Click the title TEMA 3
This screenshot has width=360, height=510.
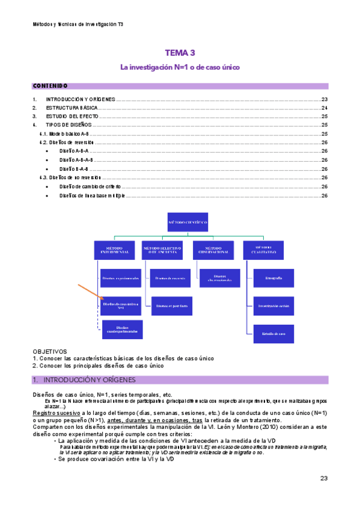[180, 54]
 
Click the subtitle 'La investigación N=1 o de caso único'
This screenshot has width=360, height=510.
[180, 67]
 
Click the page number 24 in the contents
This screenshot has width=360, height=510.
[324, 108]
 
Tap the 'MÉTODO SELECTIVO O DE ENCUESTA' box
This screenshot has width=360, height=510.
[164, 250]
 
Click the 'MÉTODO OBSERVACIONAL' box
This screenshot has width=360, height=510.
[214, 250]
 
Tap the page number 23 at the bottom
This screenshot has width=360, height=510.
[323, 479]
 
